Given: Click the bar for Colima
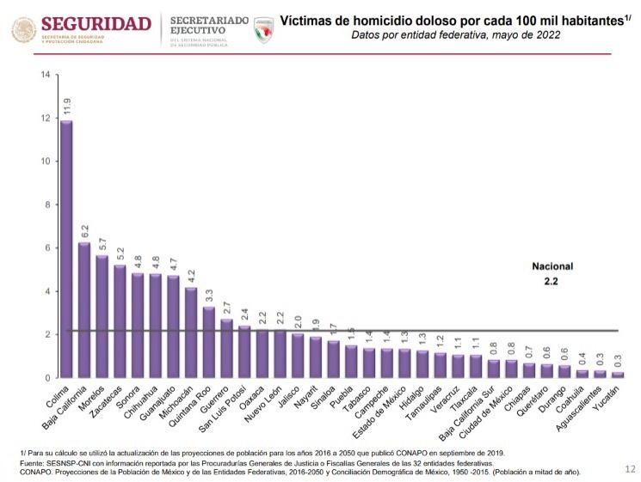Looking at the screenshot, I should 66,249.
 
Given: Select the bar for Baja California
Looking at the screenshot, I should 83,310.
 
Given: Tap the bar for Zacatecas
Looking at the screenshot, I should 119,321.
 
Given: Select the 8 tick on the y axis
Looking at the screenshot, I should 46,205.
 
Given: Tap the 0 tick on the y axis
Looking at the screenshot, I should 46,378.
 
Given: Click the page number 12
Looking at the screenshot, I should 629,469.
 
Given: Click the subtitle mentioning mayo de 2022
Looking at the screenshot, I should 456,35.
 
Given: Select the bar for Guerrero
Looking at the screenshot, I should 226,349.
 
